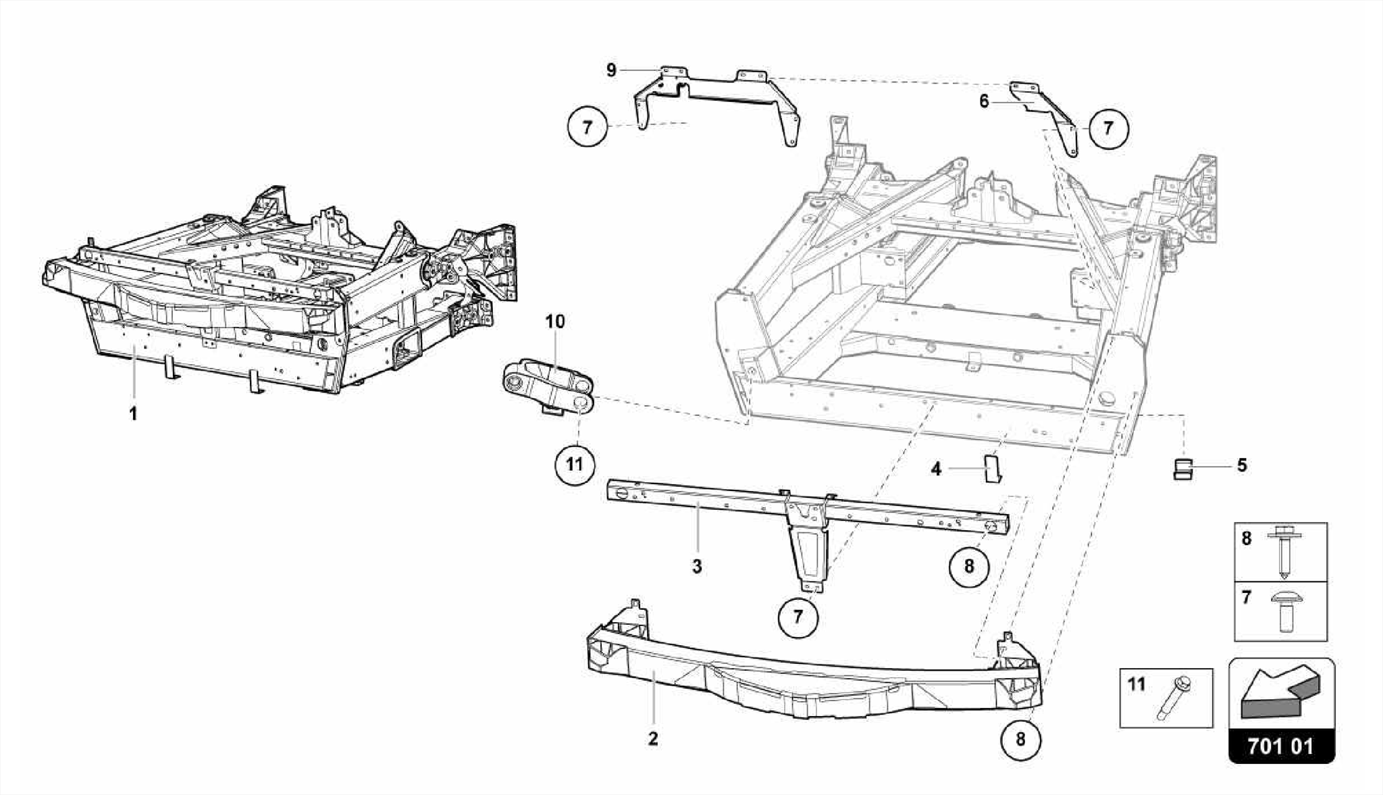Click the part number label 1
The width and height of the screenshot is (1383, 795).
(134, 413)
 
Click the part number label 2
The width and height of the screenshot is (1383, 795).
(652, 739)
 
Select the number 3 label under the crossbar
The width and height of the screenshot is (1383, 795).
(697, 567)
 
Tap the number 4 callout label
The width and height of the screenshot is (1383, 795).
(936, 468)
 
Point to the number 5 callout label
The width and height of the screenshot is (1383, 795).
(1242, 465)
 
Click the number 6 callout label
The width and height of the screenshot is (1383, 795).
(984, 101)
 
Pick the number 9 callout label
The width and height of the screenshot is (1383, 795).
(611, 70)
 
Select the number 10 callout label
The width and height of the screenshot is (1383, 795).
(555, 322)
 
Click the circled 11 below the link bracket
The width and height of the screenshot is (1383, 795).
(574, 465)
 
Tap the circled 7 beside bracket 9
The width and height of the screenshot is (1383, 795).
(587, 127)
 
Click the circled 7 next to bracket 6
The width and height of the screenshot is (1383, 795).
(1107, 127)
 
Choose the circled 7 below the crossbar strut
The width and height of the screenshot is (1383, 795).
(798, 617)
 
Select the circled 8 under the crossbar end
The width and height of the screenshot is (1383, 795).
(969, 566)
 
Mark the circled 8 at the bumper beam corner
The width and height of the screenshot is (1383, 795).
(1020, 740)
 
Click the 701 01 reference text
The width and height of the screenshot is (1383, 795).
(1280, 746)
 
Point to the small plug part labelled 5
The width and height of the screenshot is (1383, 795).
(1182, 468)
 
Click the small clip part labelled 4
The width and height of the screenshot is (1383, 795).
(991, 468)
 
